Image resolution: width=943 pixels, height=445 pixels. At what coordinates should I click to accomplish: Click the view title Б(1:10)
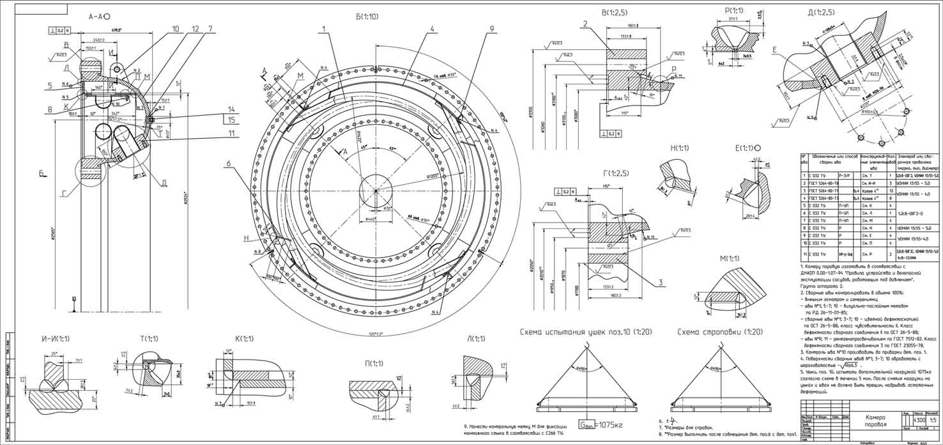click(x=371, y=17)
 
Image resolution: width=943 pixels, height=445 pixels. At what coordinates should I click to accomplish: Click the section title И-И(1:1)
click(x=55, y=338)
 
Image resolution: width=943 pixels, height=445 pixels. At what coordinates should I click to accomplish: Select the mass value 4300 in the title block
click(x=919, y=420)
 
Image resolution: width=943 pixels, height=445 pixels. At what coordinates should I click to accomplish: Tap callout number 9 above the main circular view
click(x=491, y=28)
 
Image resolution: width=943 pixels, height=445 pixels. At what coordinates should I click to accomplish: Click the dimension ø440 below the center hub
click(x=372, y=219)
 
